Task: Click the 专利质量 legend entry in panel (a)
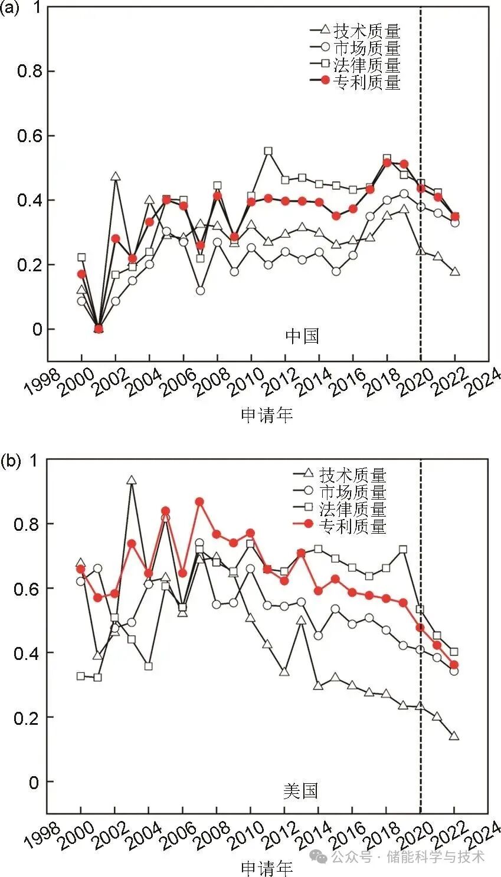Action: point(366,82)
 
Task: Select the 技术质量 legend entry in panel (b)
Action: point(352,474)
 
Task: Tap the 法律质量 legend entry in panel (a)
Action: point(366,65)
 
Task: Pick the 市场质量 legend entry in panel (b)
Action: point(352,491)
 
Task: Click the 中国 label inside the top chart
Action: point(302,336)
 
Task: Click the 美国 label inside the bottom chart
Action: point(300,790)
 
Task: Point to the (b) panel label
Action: point(10,461)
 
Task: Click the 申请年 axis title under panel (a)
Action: point(267,415)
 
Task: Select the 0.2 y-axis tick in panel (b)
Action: point(26,718)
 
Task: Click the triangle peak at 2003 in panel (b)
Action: point(132,481)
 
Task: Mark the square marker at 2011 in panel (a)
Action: point(268,152)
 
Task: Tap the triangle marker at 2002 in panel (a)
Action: point(116,176)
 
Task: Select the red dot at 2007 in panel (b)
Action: point(199,502)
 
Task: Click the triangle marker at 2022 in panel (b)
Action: point(454,736)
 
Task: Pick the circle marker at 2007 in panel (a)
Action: point(200,291)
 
